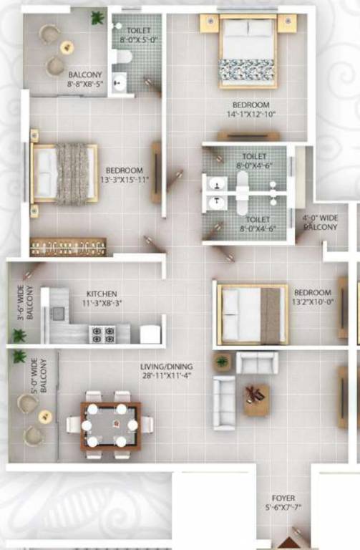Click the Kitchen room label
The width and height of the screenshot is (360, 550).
[x=102, y=294]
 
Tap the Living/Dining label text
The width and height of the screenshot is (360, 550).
[x=167, y=367]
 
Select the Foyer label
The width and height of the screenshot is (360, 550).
[x=283, y=498]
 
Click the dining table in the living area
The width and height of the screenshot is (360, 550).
[x=110, y=425]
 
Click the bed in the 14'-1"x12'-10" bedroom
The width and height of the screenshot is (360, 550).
[x=248, y=51]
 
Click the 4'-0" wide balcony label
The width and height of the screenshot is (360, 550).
[x=319, y=222]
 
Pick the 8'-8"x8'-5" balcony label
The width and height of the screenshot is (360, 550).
[x=85, y=79]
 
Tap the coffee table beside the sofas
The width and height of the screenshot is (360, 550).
[x=256, y=399]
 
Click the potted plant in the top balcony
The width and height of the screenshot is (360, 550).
[x=97, y=18]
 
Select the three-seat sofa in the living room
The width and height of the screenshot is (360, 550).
[x=224, y=403]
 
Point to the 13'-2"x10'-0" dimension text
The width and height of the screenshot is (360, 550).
[x=313, y=302]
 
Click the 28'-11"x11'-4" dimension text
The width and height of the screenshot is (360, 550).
[x=167, y=375]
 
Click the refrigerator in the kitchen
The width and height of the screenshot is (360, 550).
[x=149, y=334]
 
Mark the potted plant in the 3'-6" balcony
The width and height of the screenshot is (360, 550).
[x=19, y=334]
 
